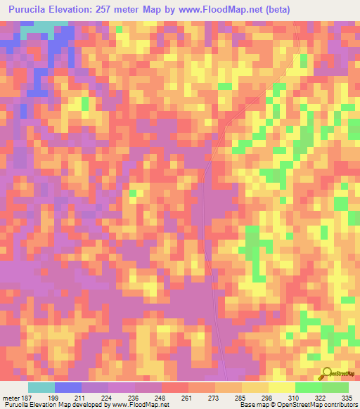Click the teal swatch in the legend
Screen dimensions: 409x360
click(41, 387)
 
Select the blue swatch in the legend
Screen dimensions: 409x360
click(68, 387)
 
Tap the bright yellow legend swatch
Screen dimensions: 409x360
click(281, 387)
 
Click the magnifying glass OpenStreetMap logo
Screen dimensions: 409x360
click(326, 374)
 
